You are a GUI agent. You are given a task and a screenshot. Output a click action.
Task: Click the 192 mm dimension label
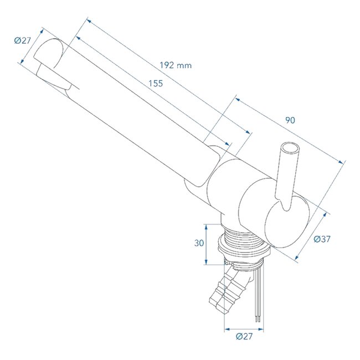tap(176, 65)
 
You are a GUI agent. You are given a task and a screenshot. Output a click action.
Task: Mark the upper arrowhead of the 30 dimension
tap(206, 225)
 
